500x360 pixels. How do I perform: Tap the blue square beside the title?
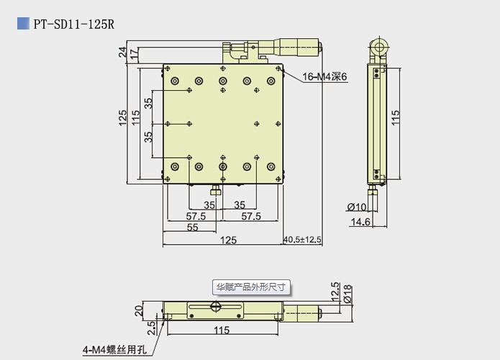(x=22, y=24)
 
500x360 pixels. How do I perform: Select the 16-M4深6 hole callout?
(x=324, y=77)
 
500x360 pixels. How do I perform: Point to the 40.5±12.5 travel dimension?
(x=303, y=239)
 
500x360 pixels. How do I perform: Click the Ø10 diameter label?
(x=358, y=207)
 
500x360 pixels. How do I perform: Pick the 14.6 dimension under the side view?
(x=360, y=222)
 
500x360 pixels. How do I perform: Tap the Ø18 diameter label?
(x=347, y=293)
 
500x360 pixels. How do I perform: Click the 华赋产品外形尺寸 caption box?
(x=250, y=287)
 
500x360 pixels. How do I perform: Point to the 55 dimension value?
(x=192, y=227)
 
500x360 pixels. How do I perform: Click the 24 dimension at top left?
(x=122, y=52)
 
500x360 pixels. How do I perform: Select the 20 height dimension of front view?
(x=138, y=310)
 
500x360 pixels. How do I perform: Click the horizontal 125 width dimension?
(x=228, y=239)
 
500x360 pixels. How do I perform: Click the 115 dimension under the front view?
(x=221, y=330)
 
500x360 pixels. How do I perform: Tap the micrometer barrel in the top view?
(x=288, y=48)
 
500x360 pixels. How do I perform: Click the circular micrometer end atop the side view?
(x=378, y=50)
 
